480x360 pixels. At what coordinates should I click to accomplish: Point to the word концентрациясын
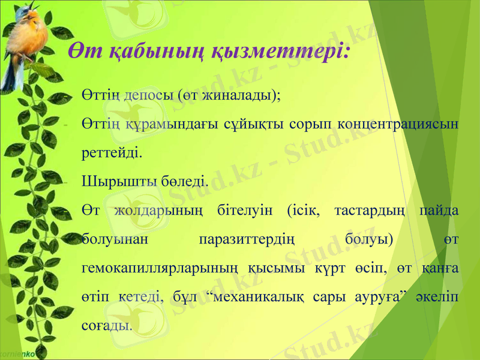(x=398, y=124)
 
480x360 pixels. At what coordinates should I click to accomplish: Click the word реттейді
(x=111, y=152)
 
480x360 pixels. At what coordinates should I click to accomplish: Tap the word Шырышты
(x=112, y=181)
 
